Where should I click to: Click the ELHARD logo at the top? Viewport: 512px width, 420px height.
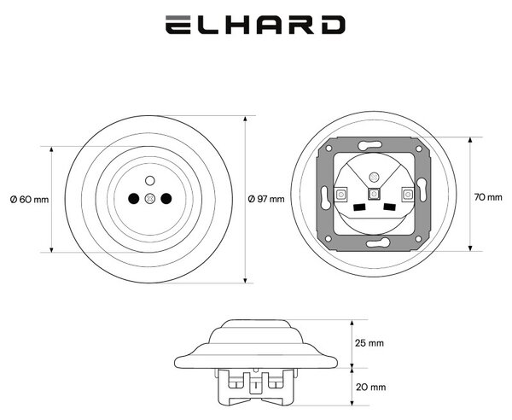coord(255,25)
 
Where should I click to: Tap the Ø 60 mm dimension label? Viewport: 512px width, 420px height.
coord(29,199)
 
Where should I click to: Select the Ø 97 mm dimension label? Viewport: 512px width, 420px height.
coord(266,199)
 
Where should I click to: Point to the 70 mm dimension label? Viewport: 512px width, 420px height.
coord(488,197)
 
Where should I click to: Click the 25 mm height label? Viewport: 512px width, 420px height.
coord(369,343)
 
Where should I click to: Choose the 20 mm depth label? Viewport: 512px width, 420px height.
coord(370,387)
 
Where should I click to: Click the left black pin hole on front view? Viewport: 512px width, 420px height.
coord(134,198)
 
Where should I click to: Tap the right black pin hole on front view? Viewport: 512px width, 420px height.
coord(166,198)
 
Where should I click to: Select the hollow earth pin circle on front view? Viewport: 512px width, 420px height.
coord(149,180)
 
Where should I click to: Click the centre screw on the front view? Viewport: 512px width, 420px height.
coord(149,199)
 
